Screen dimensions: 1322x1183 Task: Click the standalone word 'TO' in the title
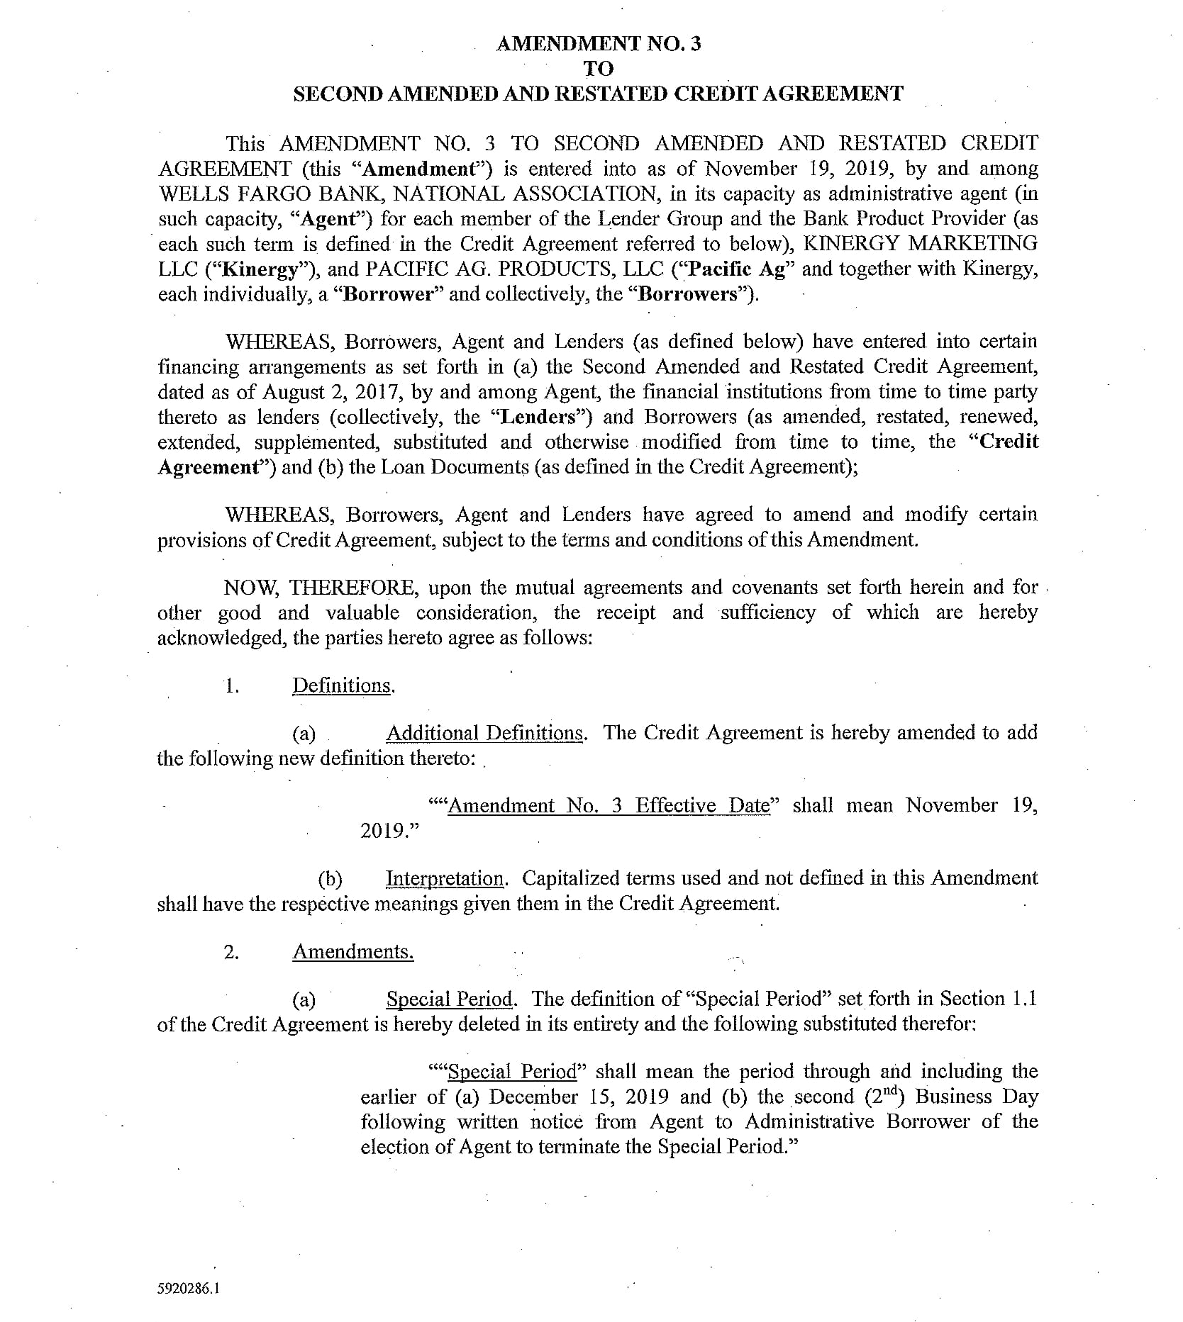point(598,69)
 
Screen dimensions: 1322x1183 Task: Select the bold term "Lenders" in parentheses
point(538,417)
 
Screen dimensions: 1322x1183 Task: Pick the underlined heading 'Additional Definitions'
point(485,733)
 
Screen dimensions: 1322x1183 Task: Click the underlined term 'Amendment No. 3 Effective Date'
point(609,806)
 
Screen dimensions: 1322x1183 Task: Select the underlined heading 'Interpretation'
point(445,879)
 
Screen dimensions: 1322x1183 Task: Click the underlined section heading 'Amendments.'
point(352,951)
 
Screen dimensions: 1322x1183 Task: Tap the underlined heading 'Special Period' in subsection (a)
point(450,999)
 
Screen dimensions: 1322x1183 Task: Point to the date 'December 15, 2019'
point(579,1097)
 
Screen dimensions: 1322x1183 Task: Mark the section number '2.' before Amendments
point(231,952)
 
